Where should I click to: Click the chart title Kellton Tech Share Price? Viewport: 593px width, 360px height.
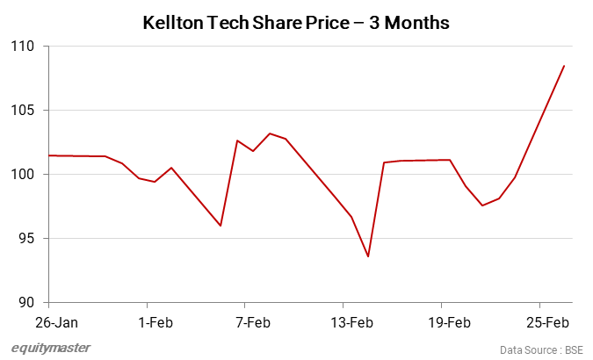295,24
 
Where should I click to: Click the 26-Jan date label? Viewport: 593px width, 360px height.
50,322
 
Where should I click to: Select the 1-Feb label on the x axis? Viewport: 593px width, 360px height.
155,322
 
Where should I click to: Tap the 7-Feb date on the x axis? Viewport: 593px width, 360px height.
252,322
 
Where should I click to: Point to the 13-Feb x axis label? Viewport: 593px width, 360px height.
351,322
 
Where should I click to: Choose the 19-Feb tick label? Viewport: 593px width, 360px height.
449,322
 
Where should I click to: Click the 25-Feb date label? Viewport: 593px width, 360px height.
547,322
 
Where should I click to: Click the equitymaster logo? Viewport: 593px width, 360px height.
51,348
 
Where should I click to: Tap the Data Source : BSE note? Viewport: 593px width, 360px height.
542,349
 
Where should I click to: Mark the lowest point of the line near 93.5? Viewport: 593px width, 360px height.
368,256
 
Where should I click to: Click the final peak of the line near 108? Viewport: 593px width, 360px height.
564,66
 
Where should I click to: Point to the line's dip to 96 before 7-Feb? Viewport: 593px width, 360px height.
221,226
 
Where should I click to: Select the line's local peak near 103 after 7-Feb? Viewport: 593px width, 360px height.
270,133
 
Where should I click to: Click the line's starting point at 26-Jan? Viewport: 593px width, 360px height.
50,155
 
